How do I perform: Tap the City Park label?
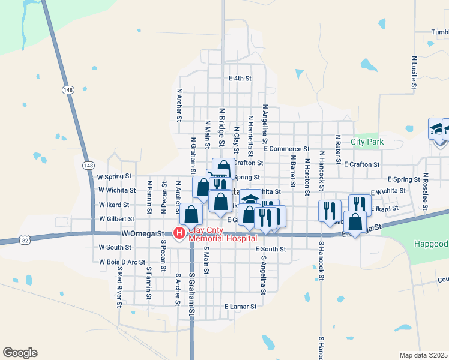[367, 142]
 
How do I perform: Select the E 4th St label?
[239, 78]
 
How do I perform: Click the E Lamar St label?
[240, 306]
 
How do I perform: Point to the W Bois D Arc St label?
[122, 262]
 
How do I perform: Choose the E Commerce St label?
[286, 148]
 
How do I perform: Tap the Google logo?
[20, 353]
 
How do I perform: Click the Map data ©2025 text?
[423, 355]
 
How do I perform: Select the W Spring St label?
[114, 176]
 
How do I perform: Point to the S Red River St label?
[119, 289]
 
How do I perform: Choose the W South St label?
[115, 247]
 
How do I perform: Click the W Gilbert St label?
[115, 219]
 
